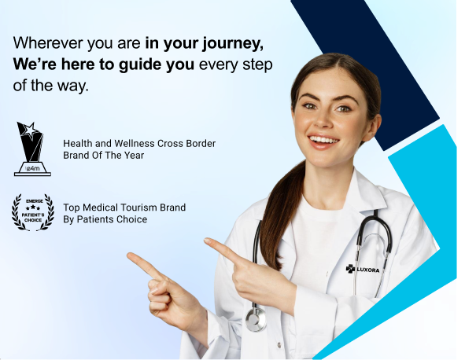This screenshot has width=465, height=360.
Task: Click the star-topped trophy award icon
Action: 32,149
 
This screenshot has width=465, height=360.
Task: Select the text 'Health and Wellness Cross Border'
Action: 139,144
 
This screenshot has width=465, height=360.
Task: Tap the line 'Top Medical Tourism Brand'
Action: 124,208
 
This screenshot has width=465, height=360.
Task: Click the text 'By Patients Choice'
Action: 105,219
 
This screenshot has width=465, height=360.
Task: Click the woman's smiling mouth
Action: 323,141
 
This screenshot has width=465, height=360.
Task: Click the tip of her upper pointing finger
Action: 207,241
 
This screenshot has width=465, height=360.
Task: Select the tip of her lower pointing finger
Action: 130,255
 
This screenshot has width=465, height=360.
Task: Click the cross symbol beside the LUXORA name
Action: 350,269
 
